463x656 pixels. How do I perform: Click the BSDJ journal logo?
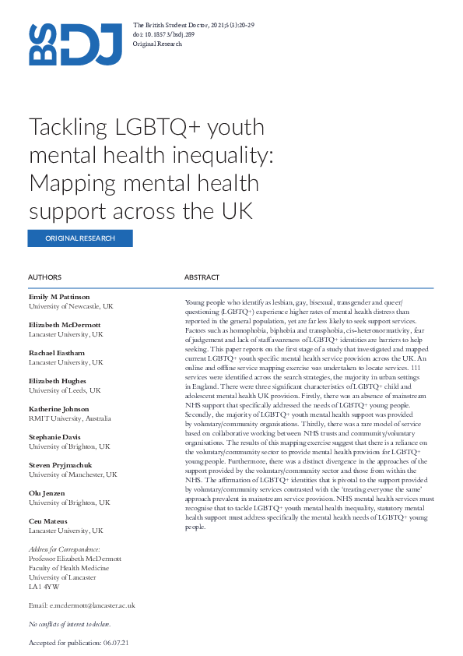click(75, 44)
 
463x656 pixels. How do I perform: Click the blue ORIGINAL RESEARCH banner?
click(80, 238)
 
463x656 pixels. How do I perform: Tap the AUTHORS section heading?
click(44, 277)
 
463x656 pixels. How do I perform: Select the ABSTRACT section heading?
click(202, 277)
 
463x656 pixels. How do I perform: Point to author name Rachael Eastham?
click(57, 353)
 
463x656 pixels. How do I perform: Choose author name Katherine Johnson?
click(59, 408)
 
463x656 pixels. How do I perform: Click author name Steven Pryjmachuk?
click(61, 464)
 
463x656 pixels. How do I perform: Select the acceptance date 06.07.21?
click(115, 643)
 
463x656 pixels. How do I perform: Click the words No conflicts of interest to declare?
click(69, 624)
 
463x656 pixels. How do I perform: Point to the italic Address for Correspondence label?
click(64, 549)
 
